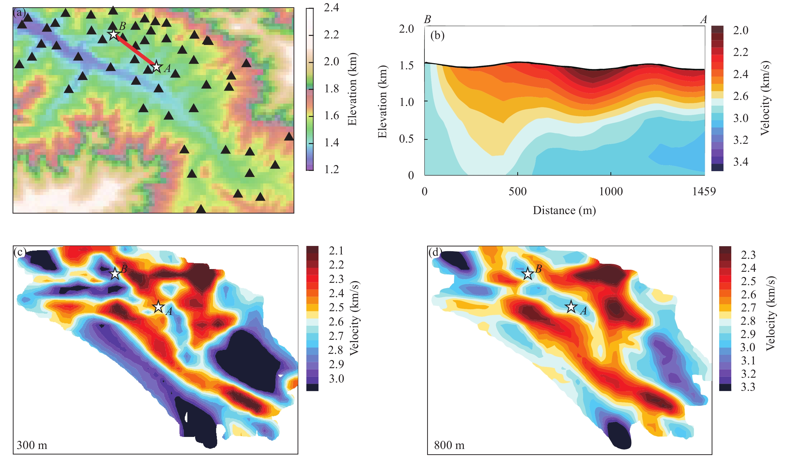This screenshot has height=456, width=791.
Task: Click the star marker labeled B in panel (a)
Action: coord(114,34)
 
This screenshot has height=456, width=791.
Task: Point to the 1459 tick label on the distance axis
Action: coord(704,191)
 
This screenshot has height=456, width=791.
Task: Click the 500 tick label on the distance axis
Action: coord(518,191)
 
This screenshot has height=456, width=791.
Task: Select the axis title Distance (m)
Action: coord(564,210)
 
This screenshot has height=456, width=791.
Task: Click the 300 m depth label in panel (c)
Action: coord(32,445)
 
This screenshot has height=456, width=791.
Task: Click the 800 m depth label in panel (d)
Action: coord(449,445)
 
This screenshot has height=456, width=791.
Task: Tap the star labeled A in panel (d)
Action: coord(571,307)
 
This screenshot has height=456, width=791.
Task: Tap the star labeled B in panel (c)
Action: coord(115,273)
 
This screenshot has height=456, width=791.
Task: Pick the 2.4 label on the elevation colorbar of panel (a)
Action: coord(331,8)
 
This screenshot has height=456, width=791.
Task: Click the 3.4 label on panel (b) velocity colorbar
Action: coord(741,162)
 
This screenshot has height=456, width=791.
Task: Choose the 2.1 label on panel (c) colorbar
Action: coord(336,250)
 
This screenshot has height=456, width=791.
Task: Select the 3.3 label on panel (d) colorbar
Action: coord(748,387)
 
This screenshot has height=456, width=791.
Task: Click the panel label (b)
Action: coord(437,35)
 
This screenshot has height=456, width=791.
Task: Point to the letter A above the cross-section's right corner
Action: coord(704,20)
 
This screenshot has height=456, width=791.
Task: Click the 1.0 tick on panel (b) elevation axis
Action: coord(407,102)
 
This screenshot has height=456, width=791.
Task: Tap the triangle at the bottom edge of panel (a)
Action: coord(201,209)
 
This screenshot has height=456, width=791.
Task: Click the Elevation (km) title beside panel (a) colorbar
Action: coord(352,89)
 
